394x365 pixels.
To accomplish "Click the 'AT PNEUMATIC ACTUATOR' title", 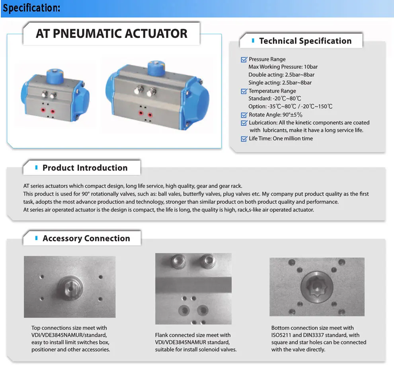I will tap(111, 33).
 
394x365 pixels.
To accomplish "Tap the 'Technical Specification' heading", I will tap(305, 41).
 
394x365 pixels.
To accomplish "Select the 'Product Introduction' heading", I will tap(85, 168).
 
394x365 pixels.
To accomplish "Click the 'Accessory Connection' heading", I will tap(86, 239).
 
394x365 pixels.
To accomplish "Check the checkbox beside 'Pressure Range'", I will tap(244, 60).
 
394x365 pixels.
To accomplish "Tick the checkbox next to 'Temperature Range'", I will tap(244, 91).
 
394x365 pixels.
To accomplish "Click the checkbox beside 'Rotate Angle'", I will tap(244, 115).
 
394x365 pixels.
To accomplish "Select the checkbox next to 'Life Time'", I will tap(244, 139).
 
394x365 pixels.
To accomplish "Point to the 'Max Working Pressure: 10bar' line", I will tap(283, 67).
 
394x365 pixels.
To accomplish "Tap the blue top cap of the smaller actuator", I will tap(53, 75).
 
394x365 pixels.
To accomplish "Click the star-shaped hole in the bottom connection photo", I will tap(316, 288).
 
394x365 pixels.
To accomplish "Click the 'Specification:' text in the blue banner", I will tap(32, 8).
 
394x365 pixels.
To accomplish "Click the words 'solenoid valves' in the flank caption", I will tap(218, 349).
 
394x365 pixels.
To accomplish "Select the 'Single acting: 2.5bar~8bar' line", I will tap(280, 83).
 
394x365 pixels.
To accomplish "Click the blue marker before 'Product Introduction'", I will tap(37, 168).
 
